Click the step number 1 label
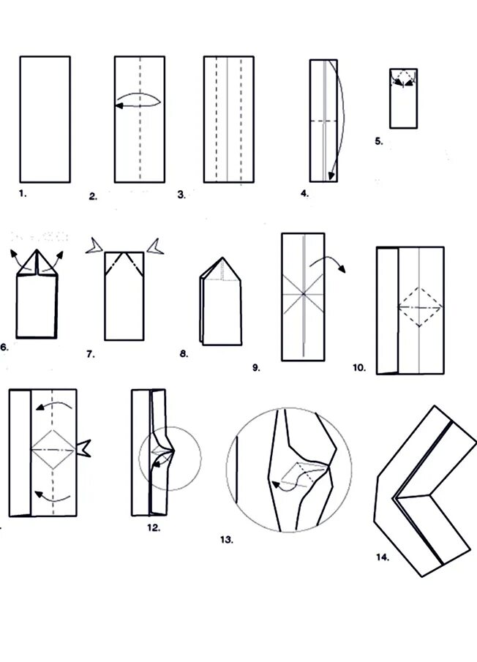[x=22, y=193]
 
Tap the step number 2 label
[x=93, y=196]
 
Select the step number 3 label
[x=181, y=195]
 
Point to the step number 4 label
[x=304, y=194]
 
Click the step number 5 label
[x=378, y=141]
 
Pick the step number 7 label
[x=90, y=354]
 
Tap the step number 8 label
[x=183, y=354]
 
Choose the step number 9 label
[x=256, y=368]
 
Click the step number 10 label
[x=358, y=368]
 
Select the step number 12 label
[x=154, y=527]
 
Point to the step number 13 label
[x=226, y=540]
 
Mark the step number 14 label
[x=382, y=557]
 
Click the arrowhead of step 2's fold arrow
[x=118, y=106]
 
